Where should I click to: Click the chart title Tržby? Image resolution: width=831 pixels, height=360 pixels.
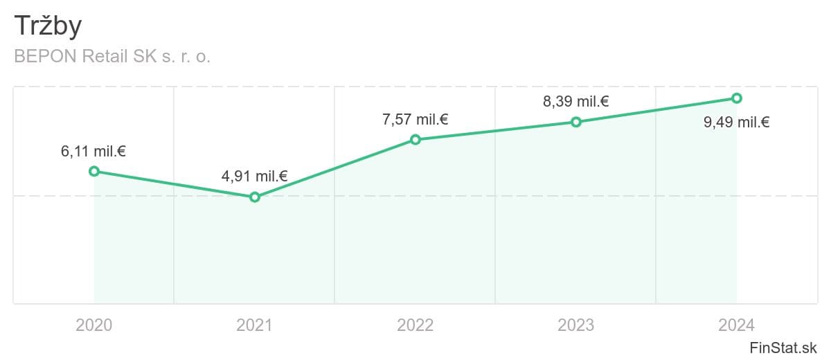click(48, 26)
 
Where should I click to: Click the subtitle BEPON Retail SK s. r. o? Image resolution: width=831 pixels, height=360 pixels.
click(112, 57)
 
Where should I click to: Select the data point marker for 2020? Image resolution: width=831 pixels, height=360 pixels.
click(94, 171)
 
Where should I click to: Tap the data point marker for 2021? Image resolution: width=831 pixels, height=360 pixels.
click(255, 197)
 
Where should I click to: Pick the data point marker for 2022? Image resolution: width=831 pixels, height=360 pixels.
click(415, 140)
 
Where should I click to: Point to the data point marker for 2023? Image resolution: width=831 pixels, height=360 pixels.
click(576, 122)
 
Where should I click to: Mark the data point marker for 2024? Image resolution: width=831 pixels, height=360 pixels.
click(737, 98)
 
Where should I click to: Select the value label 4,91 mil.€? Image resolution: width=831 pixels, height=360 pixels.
click(254, 177)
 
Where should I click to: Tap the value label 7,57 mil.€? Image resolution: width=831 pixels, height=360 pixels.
click(415, 120)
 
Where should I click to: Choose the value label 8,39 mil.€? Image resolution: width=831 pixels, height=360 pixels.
click(575, 102)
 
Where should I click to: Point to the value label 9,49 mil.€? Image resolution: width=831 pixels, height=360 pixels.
click(736, 123)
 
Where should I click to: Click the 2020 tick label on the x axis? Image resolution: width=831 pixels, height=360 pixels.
click(94, 325)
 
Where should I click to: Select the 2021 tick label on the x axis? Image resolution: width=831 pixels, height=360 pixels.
click(255, 325)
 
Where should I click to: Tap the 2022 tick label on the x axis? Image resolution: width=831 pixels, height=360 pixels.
click(415, 325)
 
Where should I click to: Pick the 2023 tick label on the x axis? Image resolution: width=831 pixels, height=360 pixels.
click(576, 325)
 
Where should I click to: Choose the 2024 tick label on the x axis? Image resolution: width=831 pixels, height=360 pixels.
click(737, 325)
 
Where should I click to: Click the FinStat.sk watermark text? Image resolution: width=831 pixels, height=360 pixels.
click(783, 348)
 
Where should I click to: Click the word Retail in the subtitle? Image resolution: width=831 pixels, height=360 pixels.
click(105, 57)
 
